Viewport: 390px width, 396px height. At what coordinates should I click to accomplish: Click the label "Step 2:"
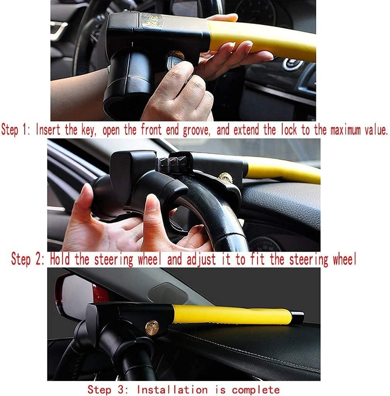point(29,259)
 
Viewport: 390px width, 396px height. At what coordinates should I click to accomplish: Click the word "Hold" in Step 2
point(61,259)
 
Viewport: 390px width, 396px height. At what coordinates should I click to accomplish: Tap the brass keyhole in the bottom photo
point(152,327)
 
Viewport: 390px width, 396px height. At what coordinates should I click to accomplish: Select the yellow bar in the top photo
point(263,39)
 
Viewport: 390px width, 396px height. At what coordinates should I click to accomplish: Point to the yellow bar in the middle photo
point(282,170)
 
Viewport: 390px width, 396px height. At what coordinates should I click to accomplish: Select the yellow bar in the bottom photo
point(232,314)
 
